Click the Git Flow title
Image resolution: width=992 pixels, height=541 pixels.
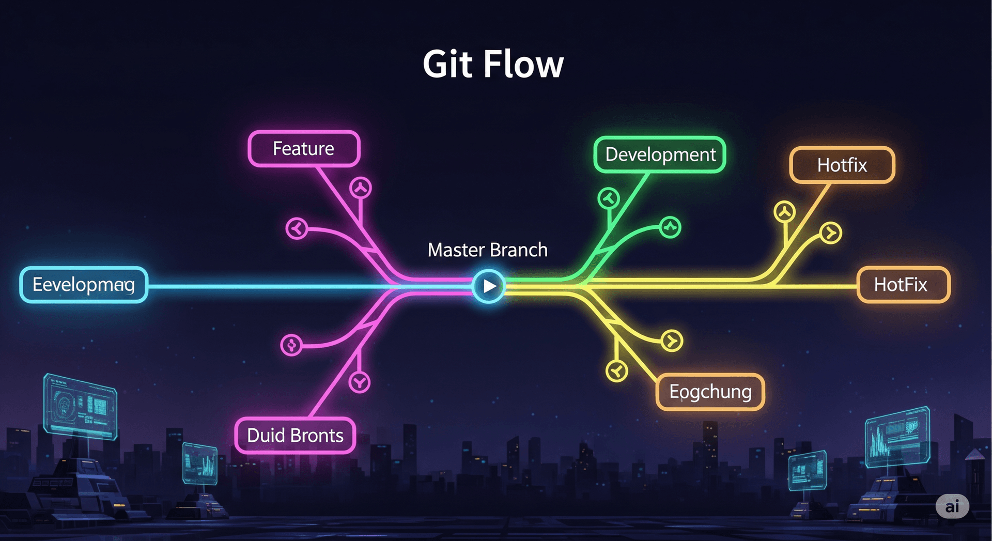[x=493, y=65]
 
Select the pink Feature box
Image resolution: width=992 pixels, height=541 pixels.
[x=304, y=149]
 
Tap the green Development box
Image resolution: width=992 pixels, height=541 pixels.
[x=660, y=154]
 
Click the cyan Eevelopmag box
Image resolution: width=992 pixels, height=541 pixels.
[x=84, y=285]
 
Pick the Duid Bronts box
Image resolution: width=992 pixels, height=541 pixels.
[x=295, y=436]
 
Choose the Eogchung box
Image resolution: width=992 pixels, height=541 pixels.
[x=710, y=392]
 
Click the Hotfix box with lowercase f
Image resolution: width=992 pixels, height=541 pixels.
[x=842, y=165]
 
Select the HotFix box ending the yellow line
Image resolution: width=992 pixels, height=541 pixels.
[x=903, y=285]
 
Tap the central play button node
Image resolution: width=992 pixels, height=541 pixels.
[x=488, y=286]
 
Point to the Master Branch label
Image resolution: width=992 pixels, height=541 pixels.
[x=487, y=250]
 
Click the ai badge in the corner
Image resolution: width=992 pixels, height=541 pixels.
[x=952, y=506]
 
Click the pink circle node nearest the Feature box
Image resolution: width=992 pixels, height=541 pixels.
[x=361, y=188]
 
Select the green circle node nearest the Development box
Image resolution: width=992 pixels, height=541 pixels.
[x=609, y=198]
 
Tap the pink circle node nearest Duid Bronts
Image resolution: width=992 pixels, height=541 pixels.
[x=360, y=382]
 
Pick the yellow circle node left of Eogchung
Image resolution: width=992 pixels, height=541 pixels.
[x=616, y=371]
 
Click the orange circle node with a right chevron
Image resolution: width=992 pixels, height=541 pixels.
[x=831, y=233]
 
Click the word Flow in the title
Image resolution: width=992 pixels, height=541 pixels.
[x=523, y=65]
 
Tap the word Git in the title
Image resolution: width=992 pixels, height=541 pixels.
[x=447, y=65]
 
